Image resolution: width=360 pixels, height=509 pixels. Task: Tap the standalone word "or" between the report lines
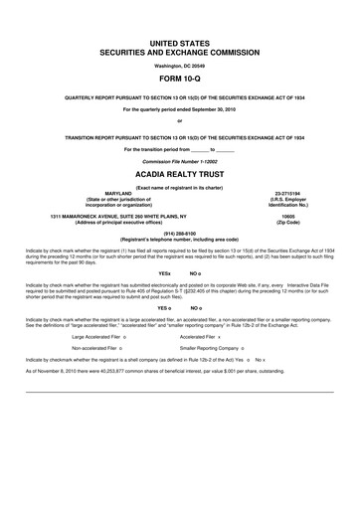point(180,122)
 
